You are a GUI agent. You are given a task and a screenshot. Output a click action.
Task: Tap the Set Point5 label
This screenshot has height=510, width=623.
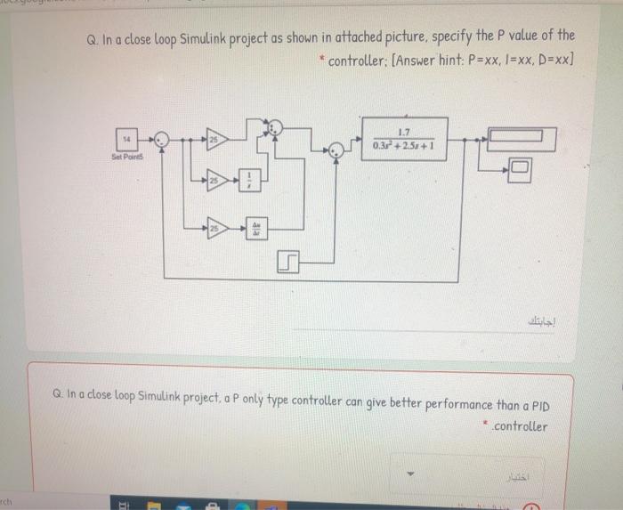coord(127,156)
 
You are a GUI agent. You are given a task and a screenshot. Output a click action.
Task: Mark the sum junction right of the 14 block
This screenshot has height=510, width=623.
coord(160,139)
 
